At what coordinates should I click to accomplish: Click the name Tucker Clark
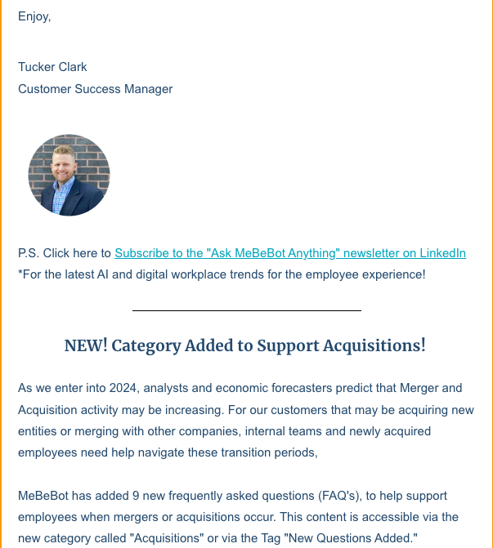(52, 67)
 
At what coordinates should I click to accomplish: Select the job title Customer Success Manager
(95, 89)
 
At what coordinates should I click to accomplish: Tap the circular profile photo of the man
(69, 175)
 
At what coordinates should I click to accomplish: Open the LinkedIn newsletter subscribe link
(289, 253)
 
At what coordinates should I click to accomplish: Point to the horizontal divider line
(246, 310)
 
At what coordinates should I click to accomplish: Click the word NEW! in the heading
(85, 345)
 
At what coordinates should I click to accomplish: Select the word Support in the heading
(289, 345)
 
